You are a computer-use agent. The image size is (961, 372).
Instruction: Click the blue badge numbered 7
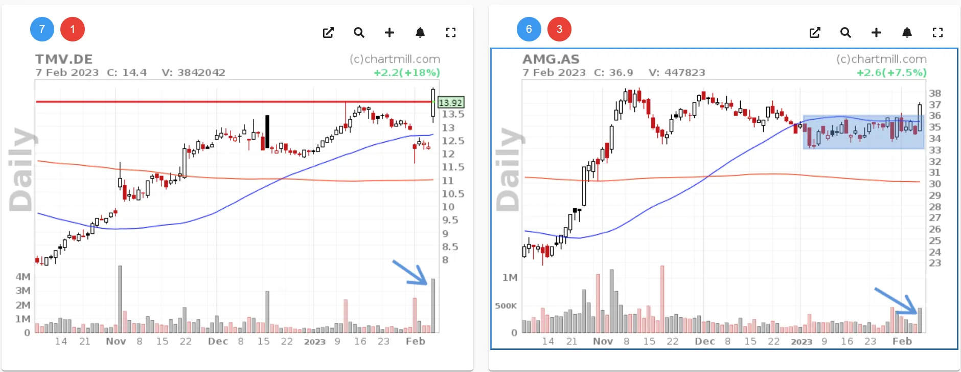(42, 29)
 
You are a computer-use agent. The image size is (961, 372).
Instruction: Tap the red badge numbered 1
(73, 29)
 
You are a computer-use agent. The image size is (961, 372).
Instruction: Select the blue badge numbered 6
(529, 29)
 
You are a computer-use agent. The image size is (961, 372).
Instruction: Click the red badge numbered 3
(559, 29)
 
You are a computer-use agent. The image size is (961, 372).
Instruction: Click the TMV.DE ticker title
(64, 59)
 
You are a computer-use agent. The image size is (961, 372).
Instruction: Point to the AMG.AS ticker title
(551, 59)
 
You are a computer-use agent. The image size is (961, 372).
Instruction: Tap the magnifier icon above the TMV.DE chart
(359, 33)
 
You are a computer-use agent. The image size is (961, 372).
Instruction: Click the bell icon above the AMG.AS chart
(907, 33)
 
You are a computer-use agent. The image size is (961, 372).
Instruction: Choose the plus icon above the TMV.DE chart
(390, 33)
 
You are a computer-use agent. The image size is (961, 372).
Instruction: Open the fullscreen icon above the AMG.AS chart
(937, 33)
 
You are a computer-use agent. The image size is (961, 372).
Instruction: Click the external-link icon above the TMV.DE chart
(328, 33)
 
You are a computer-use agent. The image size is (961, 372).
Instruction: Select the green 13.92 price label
(450, 103)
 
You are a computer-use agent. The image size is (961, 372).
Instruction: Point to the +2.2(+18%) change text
(407, 73)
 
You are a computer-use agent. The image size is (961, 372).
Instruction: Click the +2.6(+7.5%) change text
(891, 73)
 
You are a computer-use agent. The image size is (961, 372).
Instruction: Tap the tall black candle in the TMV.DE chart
(267, 132)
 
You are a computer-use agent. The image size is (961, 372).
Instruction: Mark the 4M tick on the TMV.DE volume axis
(23, 277)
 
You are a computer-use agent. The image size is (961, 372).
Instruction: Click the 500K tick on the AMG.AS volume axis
(506, 306)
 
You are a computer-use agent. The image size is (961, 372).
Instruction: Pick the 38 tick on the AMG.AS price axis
(935, 93)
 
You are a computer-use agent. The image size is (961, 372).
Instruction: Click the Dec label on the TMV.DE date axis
(218, 341)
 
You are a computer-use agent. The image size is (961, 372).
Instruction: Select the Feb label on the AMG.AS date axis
(902, 341)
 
